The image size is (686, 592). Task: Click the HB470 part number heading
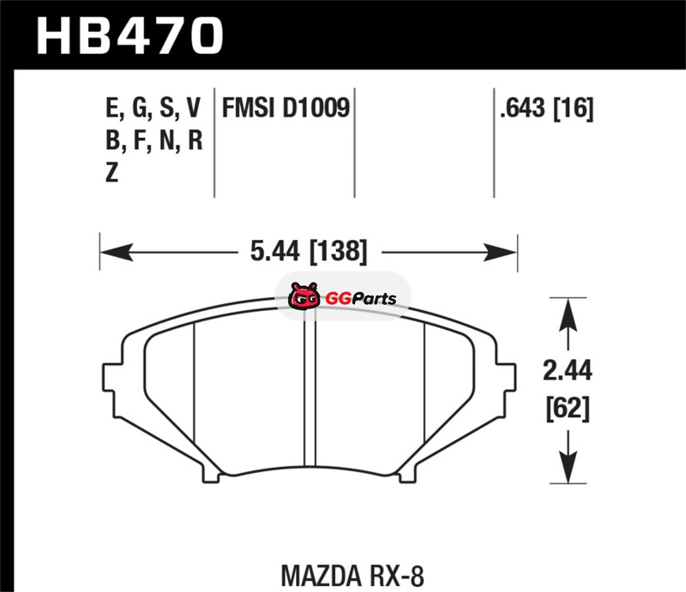[x=130, y=35]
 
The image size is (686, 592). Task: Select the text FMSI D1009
[x=286, y=108]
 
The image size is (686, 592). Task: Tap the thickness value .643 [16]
[x=547, y=108]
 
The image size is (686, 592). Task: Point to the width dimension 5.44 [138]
[x=309, y=252]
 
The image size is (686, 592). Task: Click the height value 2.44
[x=568, y=371]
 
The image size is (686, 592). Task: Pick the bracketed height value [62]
[x=568, y=409]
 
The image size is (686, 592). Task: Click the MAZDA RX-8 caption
[x=352, y=576]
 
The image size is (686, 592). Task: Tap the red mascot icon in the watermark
[x=304, y=296]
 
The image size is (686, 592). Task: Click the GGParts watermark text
[x=360, y=299]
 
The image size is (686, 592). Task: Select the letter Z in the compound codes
[x=112, y=172]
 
